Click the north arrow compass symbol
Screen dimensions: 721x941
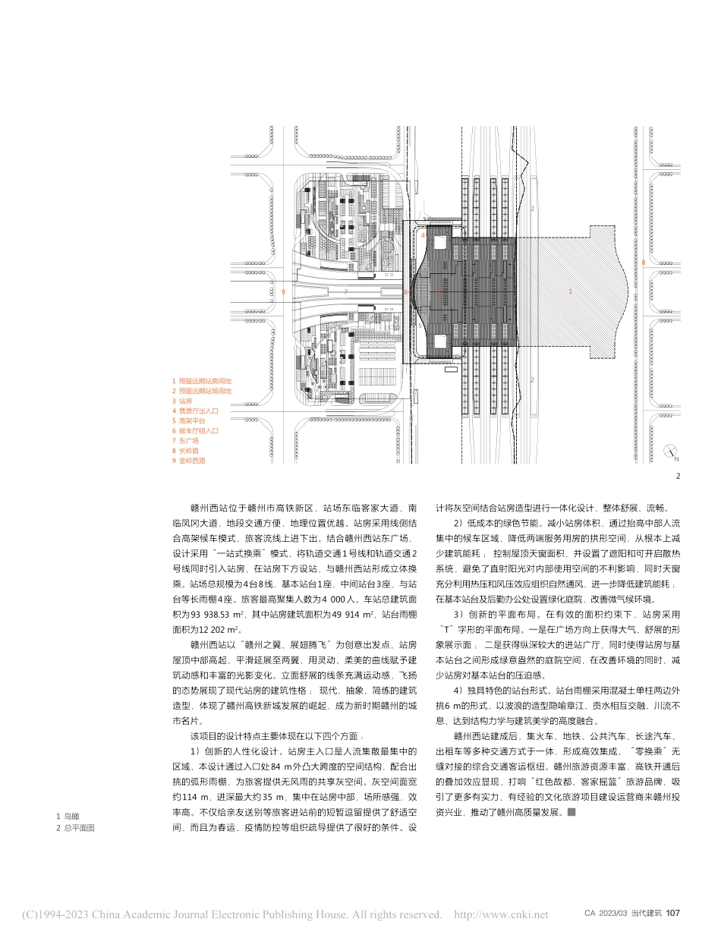click(x=670, y=452)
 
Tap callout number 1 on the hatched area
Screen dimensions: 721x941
click(x=570, y=291)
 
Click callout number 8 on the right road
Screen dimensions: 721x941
click(x=643, y=263)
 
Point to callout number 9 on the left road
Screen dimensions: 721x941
click(x=283, y=291)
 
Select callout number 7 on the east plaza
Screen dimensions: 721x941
click(x=345, y=291)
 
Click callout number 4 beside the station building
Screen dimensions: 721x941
click(x=423, y=236)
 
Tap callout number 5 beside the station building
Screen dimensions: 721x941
click(x=420, y=326)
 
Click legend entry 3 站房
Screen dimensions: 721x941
click(x=183, y=401)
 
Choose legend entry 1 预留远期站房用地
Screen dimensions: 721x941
click(x=201, y=381)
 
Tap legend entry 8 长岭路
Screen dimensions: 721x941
click(x=185, y=450)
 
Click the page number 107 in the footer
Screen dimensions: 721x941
click(x=675, y=914)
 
